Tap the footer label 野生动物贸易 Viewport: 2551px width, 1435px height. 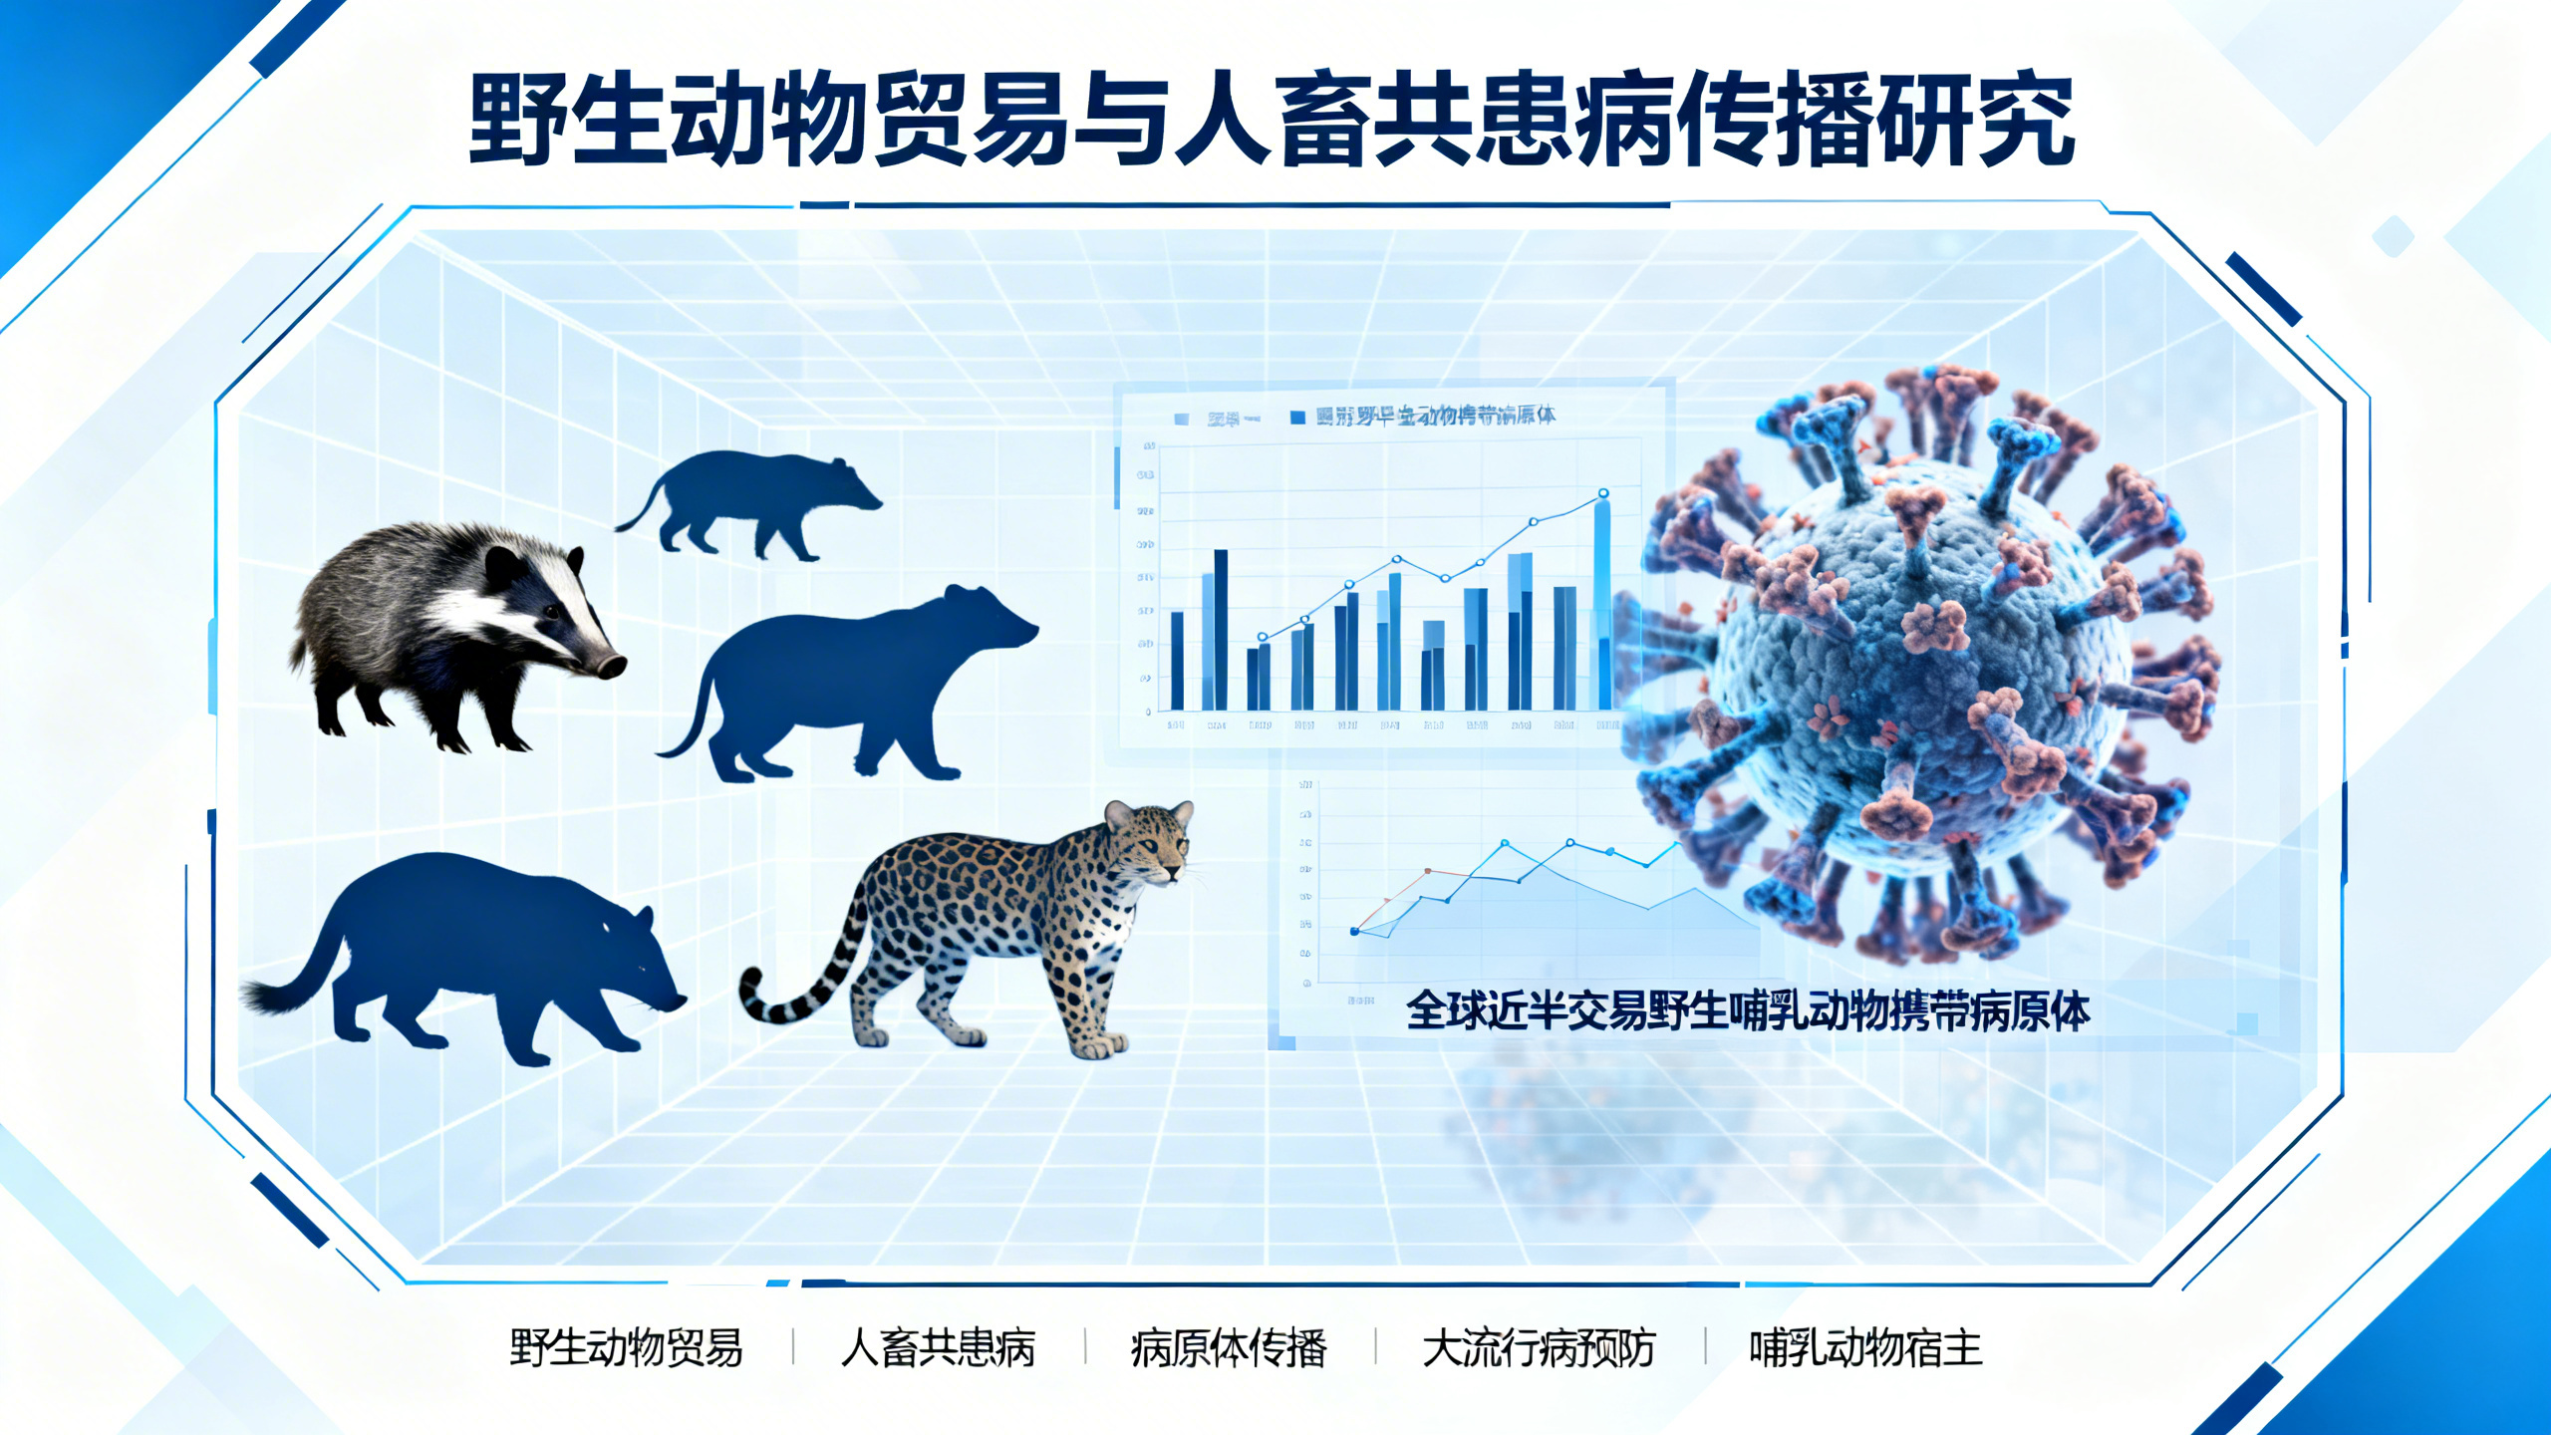tap(626, 1348)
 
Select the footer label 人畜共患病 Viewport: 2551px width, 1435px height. tap(938, 1348)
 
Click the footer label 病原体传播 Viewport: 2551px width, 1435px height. tap(1229, 1348)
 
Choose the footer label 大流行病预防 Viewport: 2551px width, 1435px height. tap(1539, 1348)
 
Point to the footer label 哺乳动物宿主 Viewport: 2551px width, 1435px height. tap(1865, 1348)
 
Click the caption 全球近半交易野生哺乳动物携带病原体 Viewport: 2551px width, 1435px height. tap(1747, 1011)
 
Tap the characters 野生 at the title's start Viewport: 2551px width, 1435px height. tap(568, 122)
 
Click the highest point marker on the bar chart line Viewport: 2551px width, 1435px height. tap(1603, 493)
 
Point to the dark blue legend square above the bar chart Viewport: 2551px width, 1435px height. tap(1297, 418)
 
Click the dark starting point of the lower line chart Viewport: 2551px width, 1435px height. tap(1354, 932)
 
